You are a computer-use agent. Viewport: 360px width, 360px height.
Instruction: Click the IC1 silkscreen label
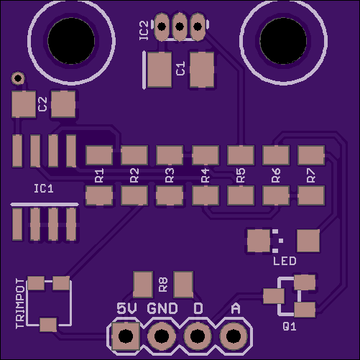click(44, 189)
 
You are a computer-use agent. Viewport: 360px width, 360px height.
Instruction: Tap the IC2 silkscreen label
click(144, 30)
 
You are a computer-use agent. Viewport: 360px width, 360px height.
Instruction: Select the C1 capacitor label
click(180, 68)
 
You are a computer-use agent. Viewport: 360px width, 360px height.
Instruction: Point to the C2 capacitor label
click(42, 104)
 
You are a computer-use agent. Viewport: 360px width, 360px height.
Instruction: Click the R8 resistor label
click(163, 285)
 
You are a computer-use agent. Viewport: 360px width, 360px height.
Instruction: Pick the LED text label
click(285, 261)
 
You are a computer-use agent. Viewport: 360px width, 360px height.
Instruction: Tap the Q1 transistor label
click(290, 326)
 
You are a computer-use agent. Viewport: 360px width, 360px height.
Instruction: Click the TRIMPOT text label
click(20, 304)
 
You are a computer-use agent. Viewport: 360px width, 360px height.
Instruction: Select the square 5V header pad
click(126, 336)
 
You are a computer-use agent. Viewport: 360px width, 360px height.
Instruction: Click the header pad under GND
click(162, 336)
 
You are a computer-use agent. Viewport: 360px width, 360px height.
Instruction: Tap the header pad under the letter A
click(234, 336)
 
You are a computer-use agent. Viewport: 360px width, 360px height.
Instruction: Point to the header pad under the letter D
click(198, 336)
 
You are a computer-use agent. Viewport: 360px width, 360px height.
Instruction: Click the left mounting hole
click(71, 41)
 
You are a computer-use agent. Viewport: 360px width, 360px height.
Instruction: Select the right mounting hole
click(283, 41)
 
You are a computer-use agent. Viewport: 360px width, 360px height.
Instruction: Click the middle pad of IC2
click(180, 27)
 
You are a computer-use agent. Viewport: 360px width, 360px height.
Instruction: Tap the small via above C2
click(18, 78)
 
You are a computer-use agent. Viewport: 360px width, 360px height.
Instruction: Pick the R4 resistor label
click(206, 175)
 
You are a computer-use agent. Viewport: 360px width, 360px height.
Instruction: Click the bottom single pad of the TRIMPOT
click(48, 325)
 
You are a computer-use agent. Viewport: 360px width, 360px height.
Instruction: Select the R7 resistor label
click(311, 175)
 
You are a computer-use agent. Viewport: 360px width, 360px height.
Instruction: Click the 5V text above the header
click(126, 308)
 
